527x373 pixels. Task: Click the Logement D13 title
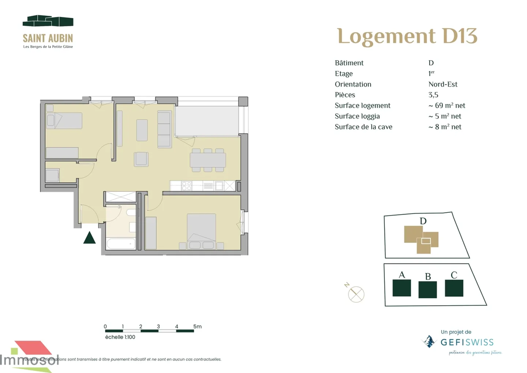tap(407, 36)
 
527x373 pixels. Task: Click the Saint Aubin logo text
tap(48, 38)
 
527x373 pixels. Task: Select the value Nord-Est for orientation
tap(443, 84)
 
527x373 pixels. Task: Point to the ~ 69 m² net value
tap(446, 105)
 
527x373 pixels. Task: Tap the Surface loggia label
tap(357, 116)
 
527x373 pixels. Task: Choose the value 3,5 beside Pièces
tap(433, 95)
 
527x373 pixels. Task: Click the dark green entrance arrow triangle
tap(89, 238)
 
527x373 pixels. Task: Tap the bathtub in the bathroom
tap(121, 243)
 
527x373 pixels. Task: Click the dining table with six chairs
tap(208, 160)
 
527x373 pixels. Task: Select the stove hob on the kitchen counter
tap(187, 186)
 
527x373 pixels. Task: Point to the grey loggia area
tap(207, 120)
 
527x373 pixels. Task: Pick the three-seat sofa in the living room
tap(164, 129)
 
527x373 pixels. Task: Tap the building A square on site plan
tap(401, 288)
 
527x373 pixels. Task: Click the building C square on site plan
tap(454, 288)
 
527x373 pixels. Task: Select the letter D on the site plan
tap(423, 221)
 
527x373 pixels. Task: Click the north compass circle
tap(356, 294)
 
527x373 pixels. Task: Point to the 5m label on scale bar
tap(197, 327)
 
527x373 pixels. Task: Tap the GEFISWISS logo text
tap(467, 343)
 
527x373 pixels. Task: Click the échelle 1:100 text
tap(120, 337)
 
